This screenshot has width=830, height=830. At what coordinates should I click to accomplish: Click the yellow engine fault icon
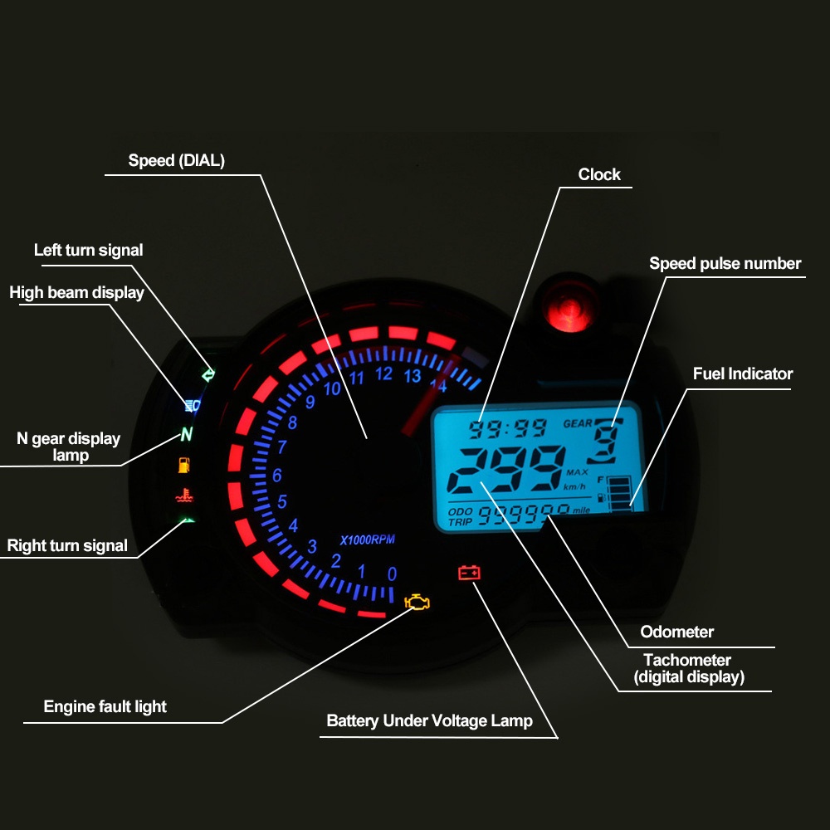[x=417, y=602]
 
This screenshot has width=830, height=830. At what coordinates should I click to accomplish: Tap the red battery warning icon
[x=469, y=572]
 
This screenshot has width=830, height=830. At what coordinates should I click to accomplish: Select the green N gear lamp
[x=187, y=434]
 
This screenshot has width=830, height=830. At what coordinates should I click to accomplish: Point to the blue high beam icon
[x=193, y=405]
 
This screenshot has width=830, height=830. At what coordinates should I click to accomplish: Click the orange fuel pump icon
[x=184, y=465]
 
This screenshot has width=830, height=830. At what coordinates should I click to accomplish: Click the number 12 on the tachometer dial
[x=383, y=374]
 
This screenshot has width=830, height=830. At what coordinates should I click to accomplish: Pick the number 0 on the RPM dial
[x=392, y=574]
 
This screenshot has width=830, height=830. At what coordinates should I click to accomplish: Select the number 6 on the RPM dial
[x=277, y=476]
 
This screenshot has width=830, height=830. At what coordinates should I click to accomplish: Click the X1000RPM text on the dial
[x=368, y=539]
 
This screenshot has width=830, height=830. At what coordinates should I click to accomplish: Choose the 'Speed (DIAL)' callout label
[x=176, y=160]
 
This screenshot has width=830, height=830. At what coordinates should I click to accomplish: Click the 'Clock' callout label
[x=599, y=174]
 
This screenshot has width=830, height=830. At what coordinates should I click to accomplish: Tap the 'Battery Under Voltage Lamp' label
[x=429, y=720]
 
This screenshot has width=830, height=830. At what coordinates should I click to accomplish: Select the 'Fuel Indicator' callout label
[x=743, y=373]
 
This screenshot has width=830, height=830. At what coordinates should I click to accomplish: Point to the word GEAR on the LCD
[x=579, y=423]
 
